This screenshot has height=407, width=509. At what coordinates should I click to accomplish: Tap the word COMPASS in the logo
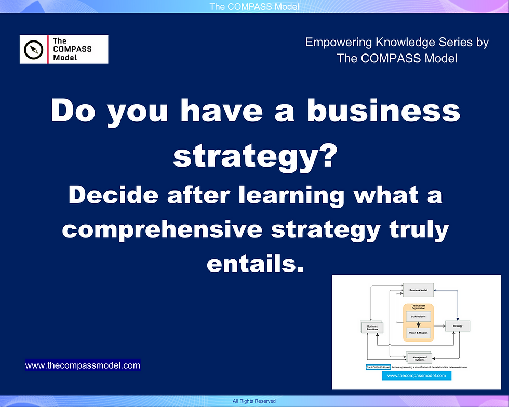(x=72, y=49)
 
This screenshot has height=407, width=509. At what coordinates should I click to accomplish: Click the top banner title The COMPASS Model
(x=254, y=6)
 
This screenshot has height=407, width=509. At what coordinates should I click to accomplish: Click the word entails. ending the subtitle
(x=254, y=263)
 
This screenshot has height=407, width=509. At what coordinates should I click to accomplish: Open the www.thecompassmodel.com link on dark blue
(x=83, y=365)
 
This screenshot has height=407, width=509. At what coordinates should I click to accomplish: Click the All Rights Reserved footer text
(x=254, y=401)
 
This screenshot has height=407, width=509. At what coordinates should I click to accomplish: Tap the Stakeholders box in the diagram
(x=418, y=316)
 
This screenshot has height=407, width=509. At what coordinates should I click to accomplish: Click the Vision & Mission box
(x=418, y=333)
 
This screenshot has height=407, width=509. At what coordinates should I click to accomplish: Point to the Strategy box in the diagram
(x=458, y=326)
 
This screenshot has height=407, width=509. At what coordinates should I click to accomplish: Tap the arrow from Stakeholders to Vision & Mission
(x=418, y=324)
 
